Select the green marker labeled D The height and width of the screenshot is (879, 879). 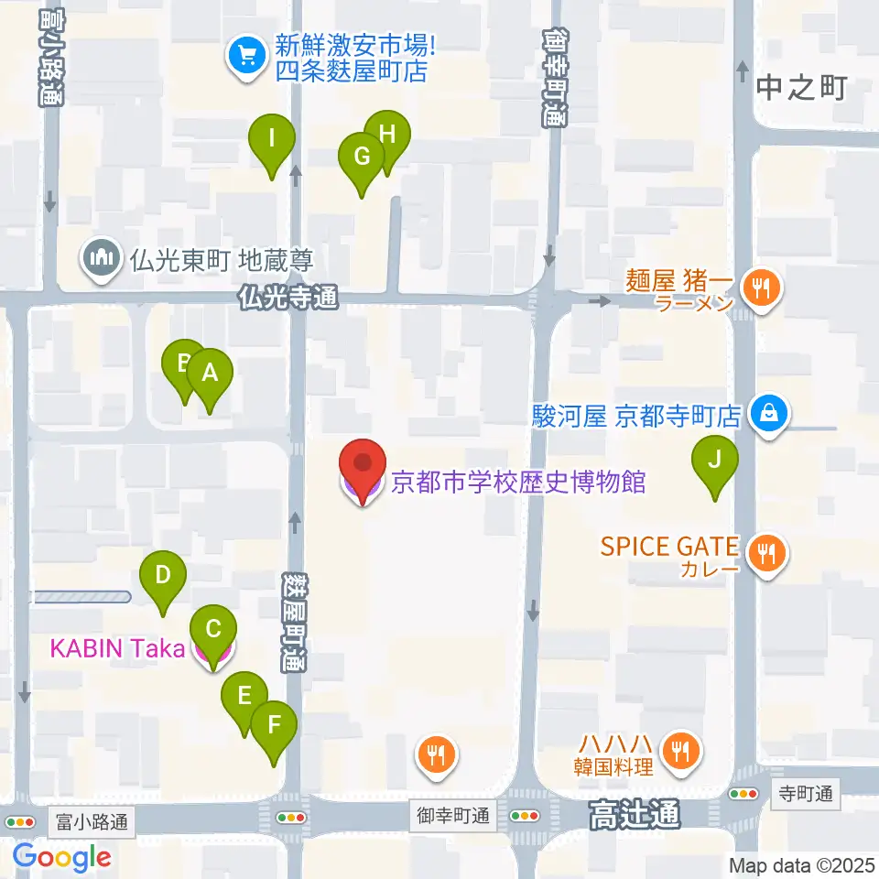tap(162, 576)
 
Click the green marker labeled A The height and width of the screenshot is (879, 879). tap(210, 374)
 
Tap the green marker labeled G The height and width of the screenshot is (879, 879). tap(362, 157)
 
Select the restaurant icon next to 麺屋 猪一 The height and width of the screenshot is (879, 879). tap(760, 288)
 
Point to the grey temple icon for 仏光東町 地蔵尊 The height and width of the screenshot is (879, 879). tap(100, 259)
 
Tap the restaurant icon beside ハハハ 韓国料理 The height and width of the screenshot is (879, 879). tap(678, 752)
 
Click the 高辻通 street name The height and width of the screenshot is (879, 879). tap(635, 813)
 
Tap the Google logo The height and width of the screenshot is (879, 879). tap(61, 857)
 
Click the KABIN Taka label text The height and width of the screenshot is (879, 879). tap(117, 648)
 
